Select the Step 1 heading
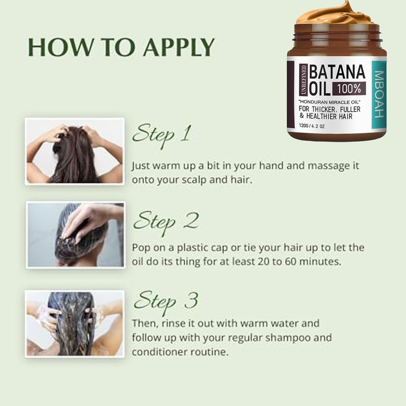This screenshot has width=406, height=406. [162, 134]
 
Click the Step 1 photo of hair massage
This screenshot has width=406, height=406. [75, 151]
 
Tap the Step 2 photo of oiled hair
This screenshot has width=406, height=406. [75, 234]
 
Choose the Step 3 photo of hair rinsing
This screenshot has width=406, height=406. [75, 322]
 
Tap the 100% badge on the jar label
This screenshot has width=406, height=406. [348, 88]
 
